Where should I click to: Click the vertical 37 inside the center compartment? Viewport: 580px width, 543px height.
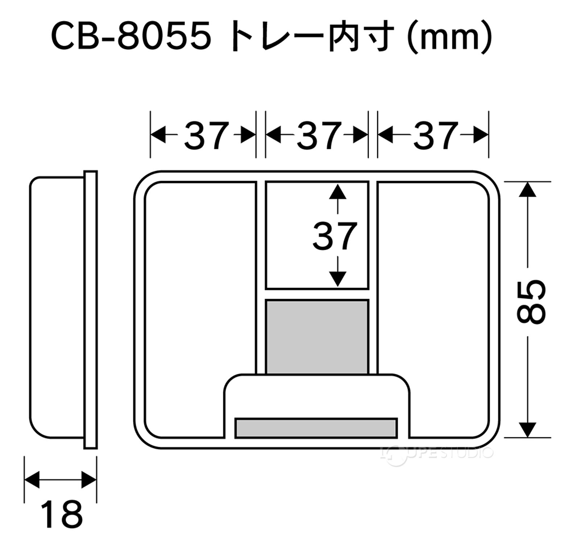[335, 236]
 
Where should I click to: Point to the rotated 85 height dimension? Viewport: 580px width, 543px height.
[530, 302]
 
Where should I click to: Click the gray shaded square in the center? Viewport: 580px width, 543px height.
[317, 337]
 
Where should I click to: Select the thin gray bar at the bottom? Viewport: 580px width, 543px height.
[316, 428]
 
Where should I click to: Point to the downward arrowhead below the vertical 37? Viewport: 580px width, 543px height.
[338, 279]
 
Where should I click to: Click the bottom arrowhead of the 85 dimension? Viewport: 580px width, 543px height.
[527, 430]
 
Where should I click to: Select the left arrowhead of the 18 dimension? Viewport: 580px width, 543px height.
[32, 480]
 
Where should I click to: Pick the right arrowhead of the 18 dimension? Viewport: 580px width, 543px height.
[89, 480]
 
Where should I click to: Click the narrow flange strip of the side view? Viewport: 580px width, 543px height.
[91, 309]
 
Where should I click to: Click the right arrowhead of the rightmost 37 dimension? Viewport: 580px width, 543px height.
[481, 135]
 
